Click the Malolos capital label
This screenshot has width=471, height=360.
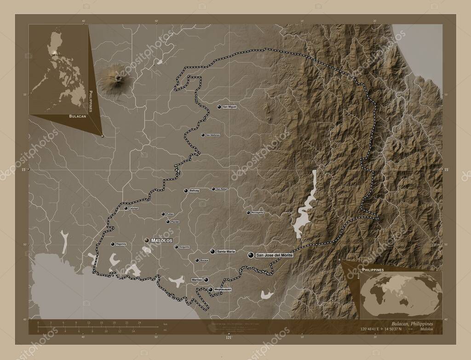(x=161, y=240)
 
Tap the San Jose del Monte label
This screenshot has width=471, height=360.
(x=274, y=255)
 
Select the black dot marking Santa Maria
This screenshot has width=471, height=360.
(x=213, y=251)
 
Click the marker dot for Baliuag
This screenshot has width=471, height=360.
(x=186, y=190)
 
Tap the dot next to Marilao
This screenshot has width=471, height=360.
(x=206, y=280)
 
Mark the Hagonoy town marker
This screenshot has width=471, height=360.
(x=113, y=244)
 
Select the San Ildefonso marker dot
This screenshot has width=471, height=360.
(x=203, y=135)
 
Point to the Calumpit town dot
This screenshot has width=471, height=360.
(x=126, y=208)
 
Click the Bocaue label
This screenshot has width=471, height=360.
(x=204, y=261)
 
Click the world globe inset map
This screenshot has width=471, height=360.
(x=400, y=294)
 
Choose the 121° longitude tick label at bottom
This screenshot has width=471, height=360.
(x=229, y=338)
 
